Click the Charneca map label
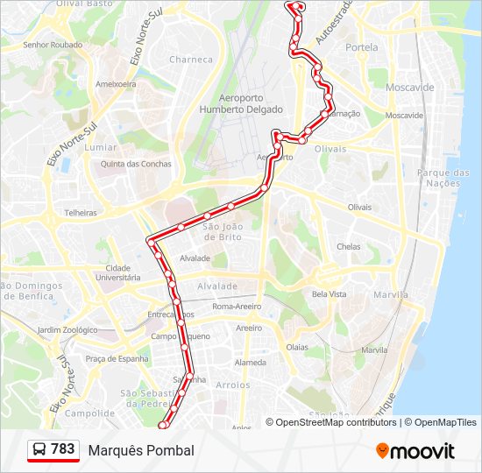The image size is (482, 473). pos(191,60)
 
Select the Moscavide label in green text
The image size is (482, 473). pos(408,88)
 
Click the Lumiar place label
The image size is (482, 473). pos(101,147)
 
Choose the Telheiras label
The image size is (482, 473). pos(81,212)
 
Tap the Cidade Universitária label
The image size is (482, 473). pos(117,272)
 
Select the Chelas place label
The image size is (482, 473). pos(348,247)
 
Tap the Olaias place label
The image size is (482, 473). pos(297,347)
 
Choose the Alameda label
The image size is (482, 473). pos(251,363)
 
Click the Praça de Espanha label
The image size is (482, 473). pos(117,359)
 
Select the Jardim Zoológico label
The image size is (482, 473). pos(67,330)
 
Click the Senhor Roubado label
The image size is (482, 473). pos(53,45)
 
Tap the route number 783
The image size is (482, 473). pos(63,448)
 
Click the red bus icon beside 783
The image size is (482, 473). pos(39,449)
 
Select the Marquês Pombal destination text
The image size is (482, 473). pos(141,450)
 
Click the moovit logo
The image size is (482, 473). pos(415,451)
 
